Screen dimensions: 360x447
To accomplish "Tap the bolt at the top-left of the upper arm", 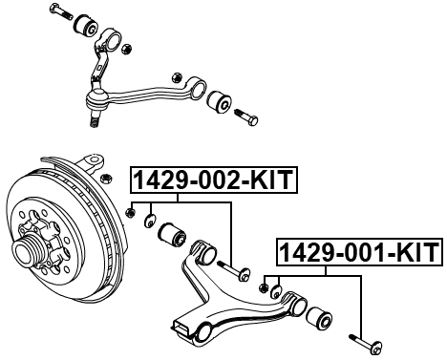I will [62, 13].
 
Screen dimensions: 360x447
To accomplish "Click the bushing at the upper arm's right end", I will [218, 99].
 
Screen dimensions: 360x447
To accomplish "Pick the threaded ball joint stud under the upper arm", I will [96, 117].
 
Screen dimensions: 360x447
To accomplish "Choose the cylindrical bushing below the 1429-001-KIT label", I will [320, 314].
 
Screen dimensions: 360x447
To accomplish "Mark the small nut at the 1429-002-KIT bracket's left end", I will [131, 212].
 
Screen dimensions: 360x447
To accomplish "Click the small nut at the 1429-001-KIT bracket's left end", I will [263, 285].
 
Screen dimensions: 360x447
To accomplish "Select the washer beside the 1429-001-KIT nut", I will [275, 290].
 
